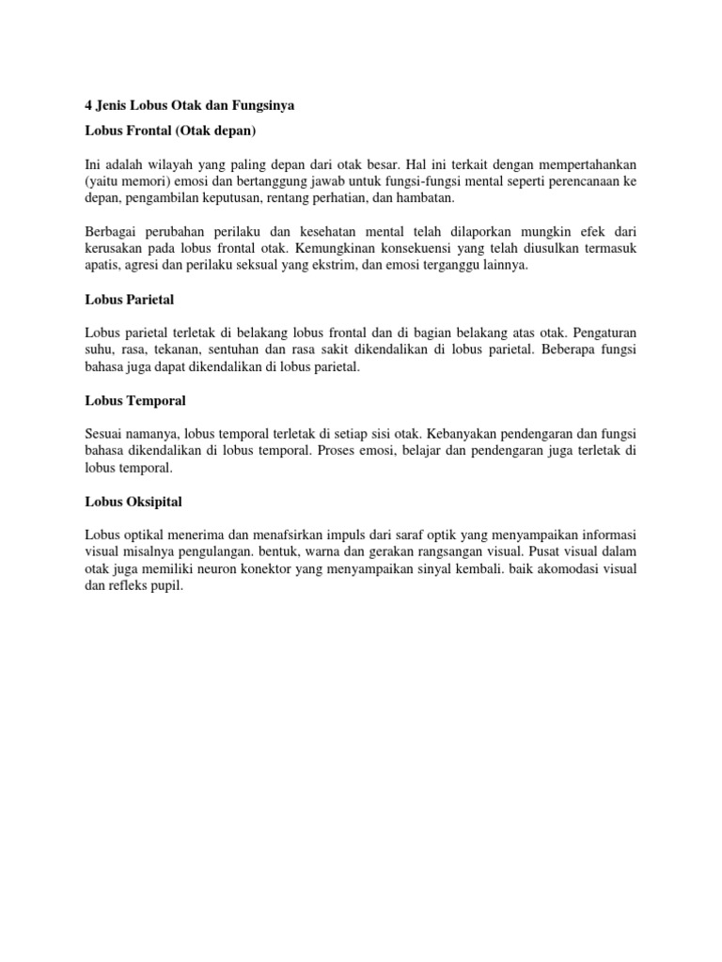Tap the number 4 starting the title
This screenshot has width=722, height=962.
click(x=88, y=106)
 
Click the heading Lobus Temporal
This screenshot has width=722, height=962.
click(x=134, y=400)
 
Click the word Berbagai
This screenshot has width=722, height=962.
click(x=112, y=230)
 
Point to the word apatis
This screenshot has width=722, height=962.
click(x=102, y=266)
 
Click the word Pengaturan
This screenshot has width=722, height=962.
click(x=604, y=332)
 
